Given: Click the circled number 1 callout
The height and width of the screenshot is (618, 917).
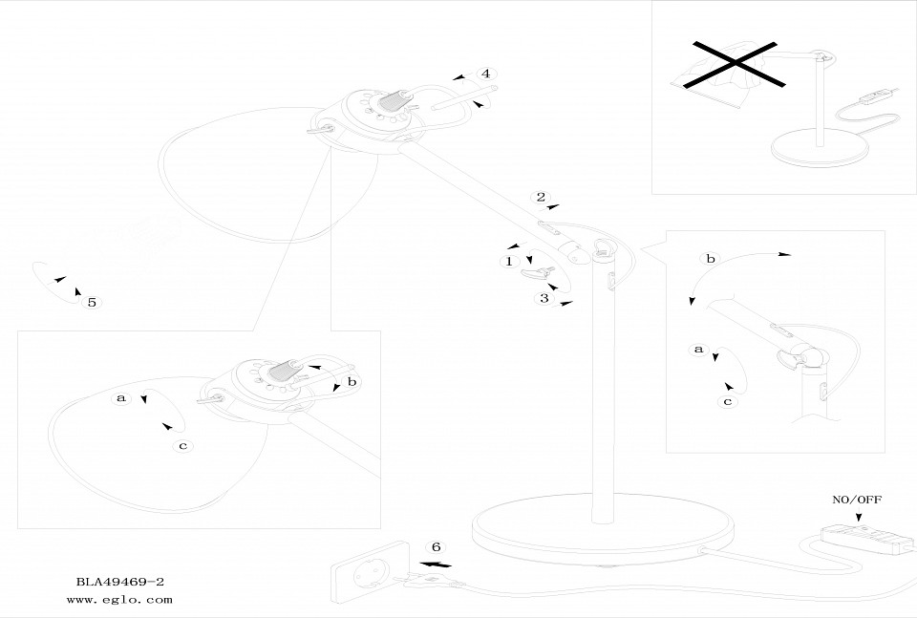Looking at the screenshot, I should pyautogui.click(x=509, y=260).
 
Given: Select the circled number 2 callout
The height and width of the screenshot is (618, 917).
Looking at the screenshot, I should pyautogui.click(x=541, y=198).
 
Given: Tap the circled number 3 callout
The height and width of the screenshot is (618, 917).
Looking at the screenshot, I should pyautogui.click(x=544, y=299).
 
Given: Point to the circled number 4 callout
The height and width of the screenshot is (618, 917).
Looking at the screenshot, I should pyautogui.click(x=485, y=74).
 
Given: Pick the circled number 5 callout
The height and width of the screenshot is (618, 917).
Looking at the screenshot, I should pyautogui.click(x=91, y=303).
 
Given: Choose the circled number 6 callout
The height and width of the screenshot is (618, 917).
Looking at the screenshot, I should pyautogui.click(x=436, y=547).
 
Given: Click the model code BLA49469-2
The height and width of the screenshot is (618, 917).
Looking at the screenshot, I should pyautogui.click(x=115, y=581).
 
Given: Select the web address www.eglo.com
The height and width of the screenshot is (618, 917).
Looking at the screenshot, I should pyautogui.click(x=119, y=600).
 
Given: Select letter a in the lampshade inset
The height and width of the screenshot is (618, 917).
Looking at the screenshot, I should pyautogui.click(x=121, y=397).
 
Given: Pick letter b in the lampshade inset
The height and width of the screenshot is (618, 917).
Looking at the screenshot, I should pyautogui.click(x=352, y=381).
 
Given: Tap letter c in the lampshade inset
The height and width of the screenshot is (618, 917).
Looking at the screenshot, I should pyautogui.click(x=182, y=445).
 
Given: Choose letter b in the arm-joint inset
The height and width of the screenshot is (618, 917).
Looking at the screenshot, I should pyautogui.click(x=710, y=259).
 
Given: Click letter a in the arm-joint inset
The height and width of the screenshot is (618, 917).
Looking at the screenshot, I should pyautogui.click(x=698, y=350).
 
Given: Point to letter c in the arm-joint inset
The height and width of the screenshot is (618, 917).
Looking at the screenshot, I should pyautogui.click(x=727, y=401).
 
